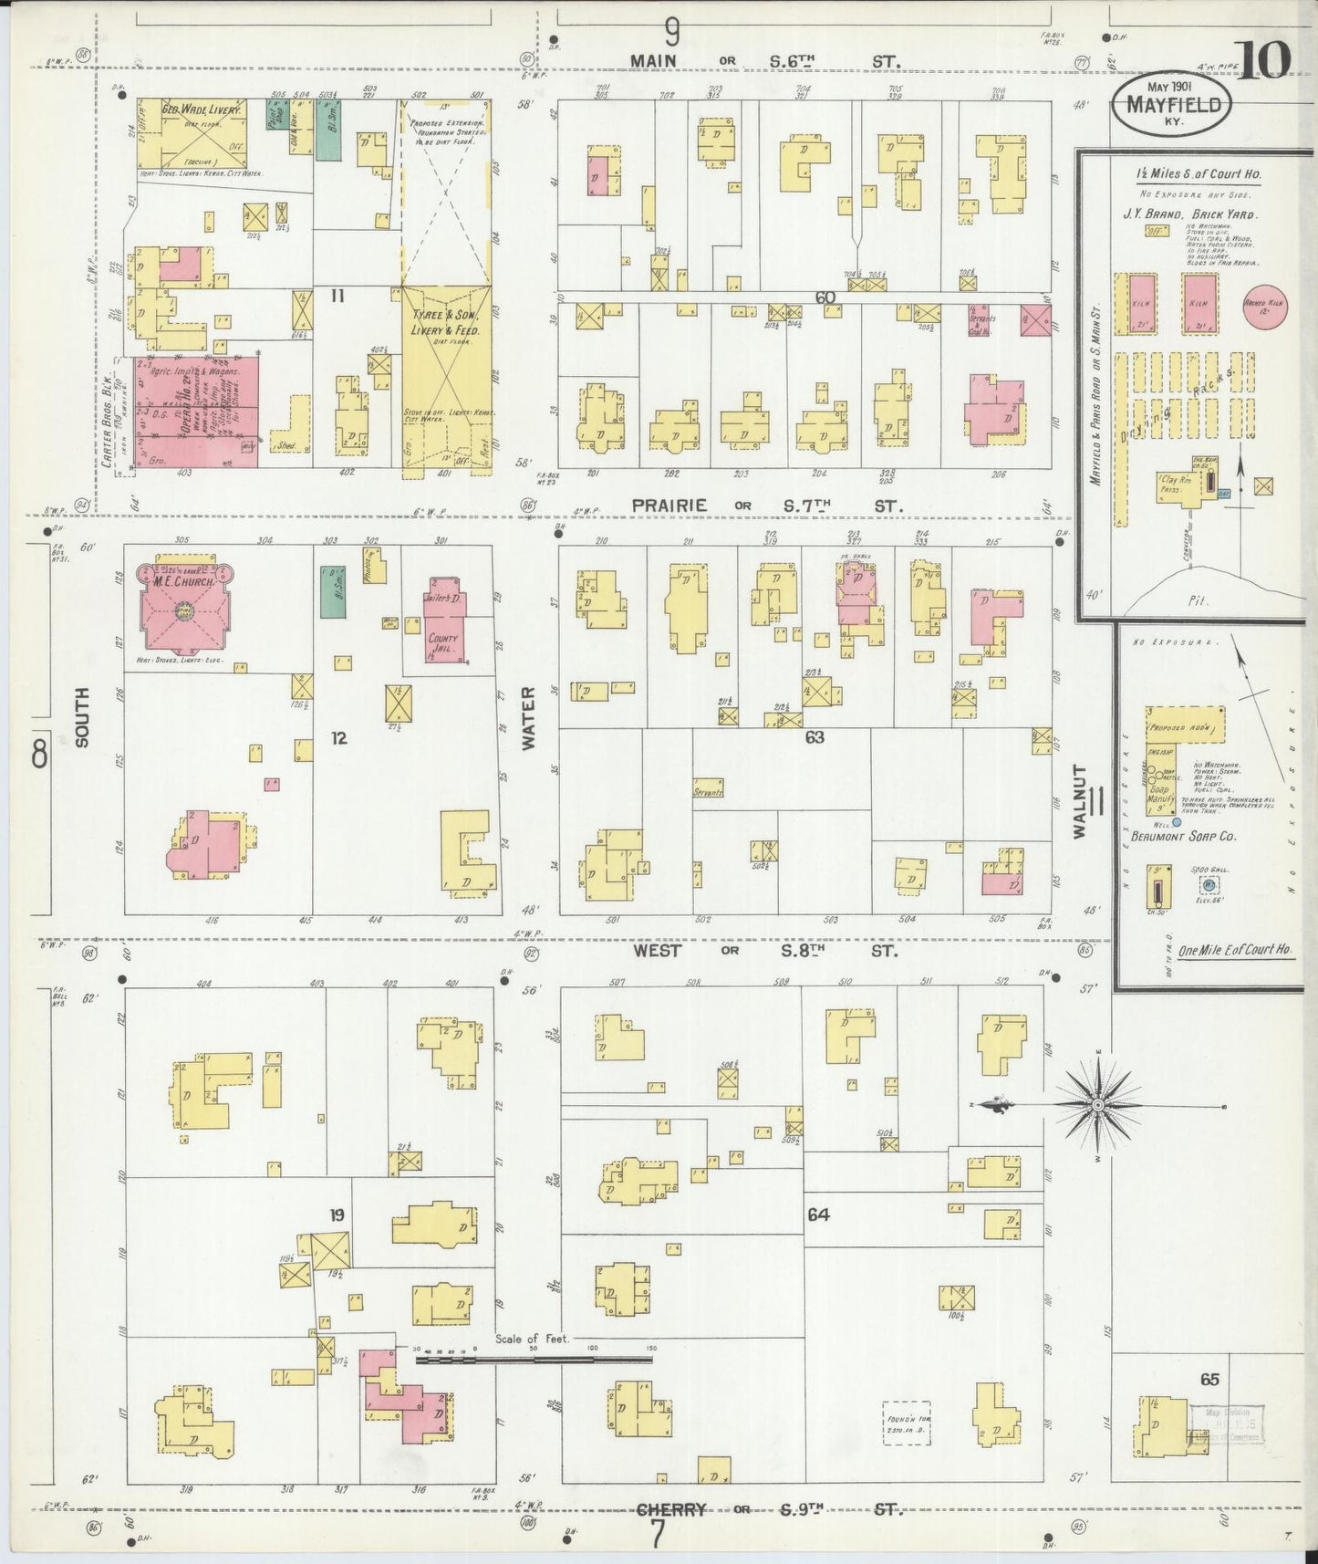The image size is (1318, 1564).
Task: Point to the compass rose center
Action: [1099, 1105]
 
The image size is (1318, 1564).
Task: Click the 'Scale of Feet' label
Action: [532, 1340]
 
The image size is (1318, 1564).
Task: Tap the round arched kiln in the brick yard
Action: [1263, 306]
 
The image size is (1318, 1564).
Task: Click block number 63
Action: [814, 736]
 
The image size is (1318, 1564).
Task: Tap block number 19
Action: [337, 1215]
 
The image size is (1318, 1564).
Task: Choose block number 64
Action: [817, 1215]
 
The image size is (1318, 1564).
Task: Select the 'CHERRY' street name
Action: [671, 1509]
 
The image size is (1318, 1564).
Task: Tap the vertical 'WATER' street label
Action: [527, 730]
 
